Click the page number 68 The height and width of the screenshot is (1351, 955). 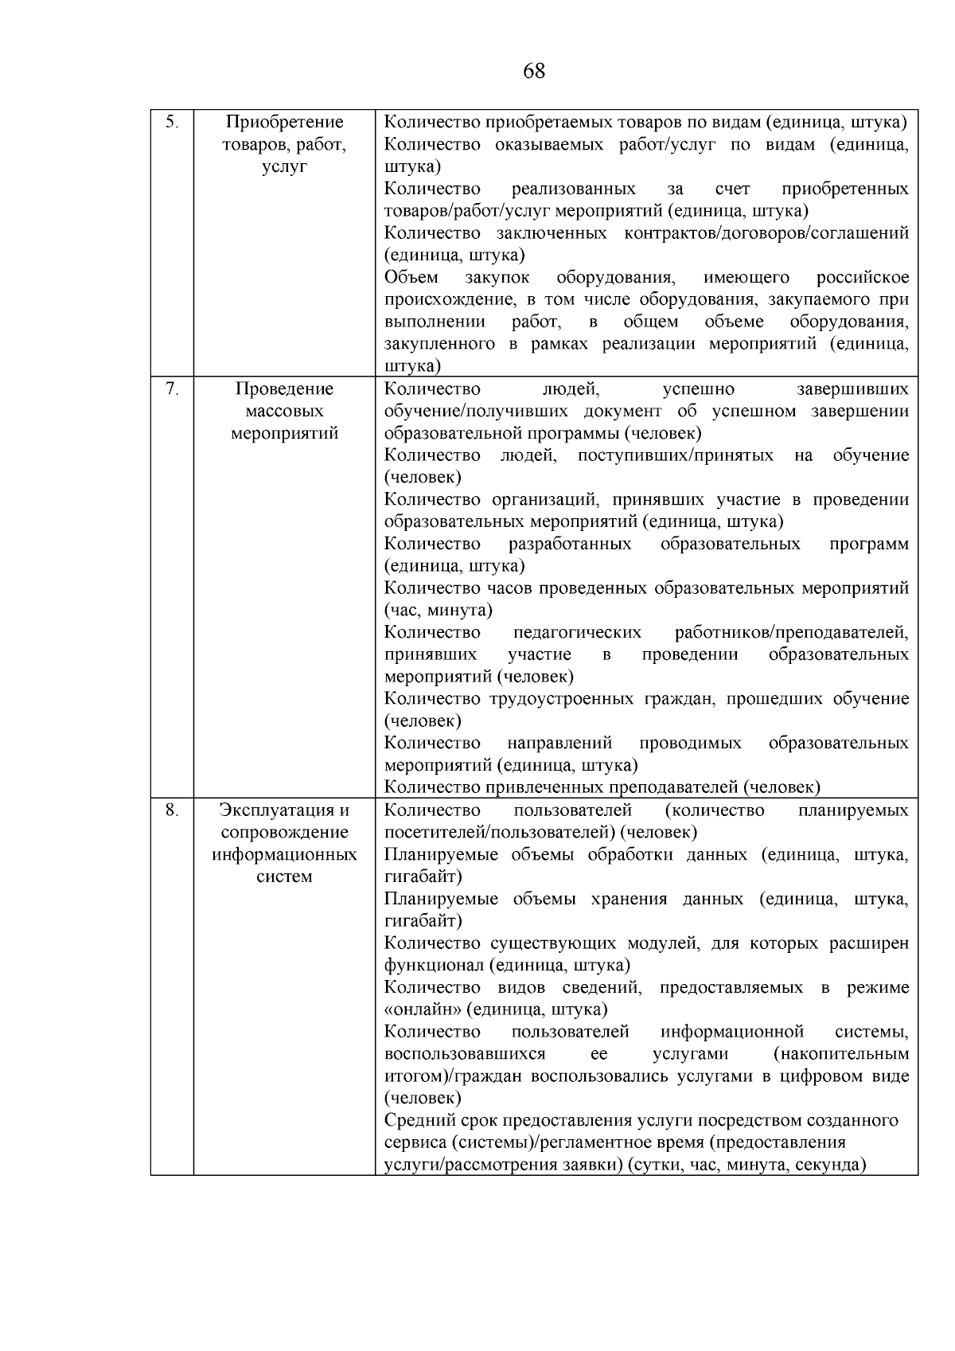click(534, 72)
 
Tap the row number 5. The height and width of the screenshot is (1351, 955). click(171, 123)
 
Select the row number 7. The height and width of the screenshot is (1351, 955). click(171, 389)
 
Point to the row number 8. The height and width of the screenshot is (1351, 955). click(171, 810)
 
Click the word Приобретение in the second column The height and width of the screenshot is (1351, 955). click(284, 123)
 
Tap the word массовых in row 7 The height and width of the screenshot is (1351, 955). click(284, 411)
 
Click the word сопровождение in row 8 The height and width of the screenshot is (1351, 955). click(284, 833)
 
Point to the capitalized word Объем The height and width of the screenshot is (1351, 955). click(411, 278)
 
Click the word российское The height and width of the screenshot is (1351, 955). click(863, 278)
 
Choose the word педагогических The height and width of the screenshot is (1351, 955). click(577, 633)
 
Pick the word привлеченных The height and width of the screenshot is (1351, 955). click(544, 788)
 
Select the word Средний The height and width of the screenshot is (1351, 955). click(419, 1121)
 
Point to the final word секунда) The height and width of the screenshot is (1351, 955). click(831, 1165)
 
